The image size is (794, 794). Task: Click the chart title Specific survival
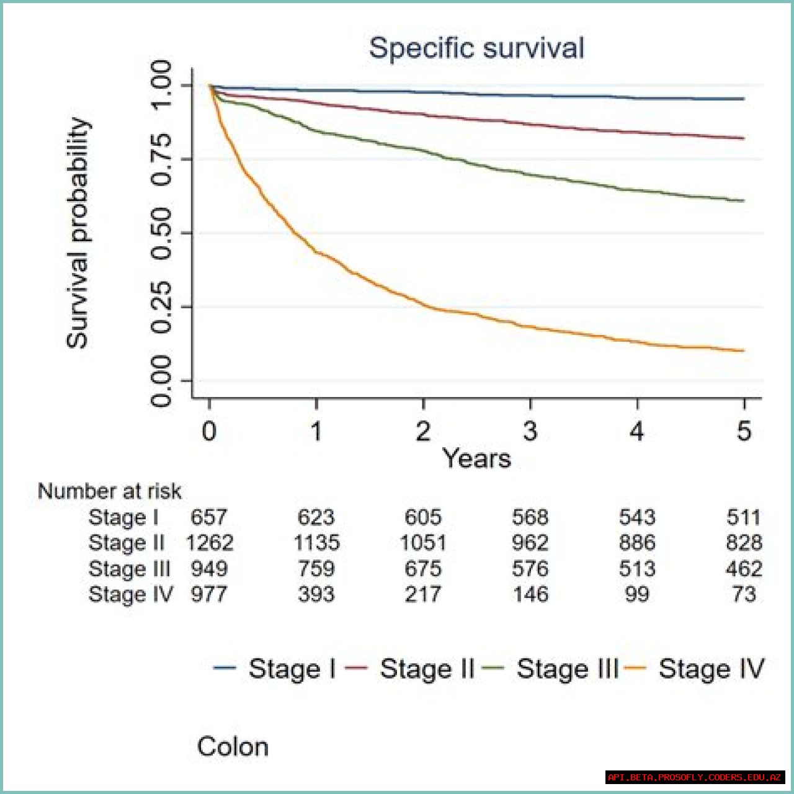click(x=476, y=48)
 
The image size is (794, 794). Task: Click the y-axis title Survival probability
click(x=78, y=233)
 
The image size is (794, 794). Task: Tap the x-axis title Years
click(x=476, y=458)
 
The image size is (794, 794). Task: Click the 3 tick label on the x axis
click(x=530, y=431)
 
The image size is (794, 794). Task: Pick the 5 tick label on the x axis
click(x=744, y=431)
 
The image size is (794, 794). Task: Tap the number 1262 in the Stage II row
click(x=210, y=543)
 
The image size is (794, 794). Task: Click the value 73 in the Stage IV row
click(x=744, y=594)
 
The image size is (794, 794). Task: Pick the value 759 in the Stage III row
click(x=316, y=568)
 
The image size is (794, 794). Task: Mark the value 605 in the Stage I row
click(x=423, y=517)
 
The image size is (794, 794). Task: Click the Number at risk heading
click(x=109, y=491)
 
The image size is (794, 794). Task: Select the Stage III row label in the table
click(x=129, y=568)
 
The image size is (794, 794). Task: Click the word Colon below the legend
click(x=233, y=747)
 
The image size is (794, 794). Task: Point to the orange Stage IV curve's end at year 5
click(x=743, y=351)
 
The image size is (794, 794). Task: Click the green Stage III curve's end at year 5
click(x=743, y=200)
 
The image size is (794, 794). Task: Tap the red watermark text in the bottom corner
click(x=695, y=777)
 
